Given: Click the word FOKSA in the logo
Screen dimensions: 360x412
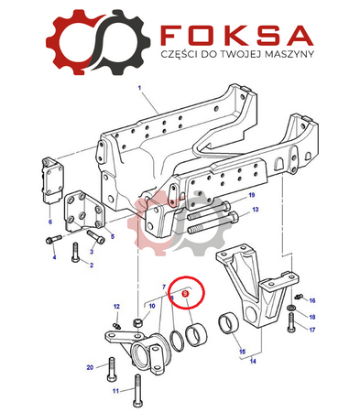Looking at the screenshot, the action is coord(237,35).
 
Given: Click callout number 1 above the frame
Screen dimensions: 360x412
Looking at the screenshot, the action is coord(140,88).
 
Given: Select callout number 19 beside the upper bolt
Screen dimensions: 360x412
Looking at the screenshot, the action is coord(252,195).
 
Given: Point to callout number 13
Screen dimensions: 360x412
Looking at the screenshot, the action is coord(256,210).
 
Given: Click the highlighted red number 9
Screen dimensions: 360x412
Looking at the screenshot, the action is coord(185,294).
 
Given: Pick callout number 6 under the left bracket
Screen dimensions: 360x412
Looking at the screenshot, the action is coord(50,222).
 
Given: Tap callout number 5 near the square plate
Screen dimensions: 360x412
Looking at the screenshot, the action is coord(113,236).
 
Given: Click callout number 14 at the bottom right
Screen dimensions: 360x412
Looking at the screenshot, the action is coord(253,362).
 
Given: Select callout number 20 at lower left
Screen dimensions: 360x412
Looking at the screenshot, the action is coord(90,367).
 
